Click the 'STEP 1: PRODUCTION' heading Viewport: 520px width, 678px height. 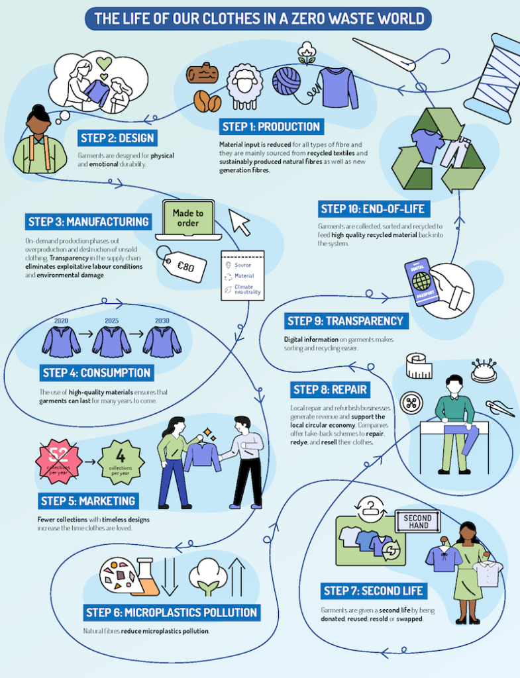pyautogui.click(x=271, y=126)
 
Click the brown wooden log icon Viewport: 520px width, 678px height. pyautogui.click(x=203, y=74)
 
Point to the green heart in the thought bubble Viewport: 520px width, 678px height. pyautogui.click(x=103, y=64)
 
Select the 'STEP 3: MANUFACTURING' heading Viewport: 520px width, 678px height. pyautogui.click(x=89, y=221)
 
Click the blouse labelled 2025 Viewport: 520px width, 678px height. pyautogui.click(x=111, y=341)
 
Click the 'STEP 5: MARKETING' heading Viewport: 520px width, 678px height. pyautogui.click(x=89, y=501)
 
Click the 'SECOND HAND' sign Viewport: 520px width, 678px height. pyautogui.click(x=417, y=521)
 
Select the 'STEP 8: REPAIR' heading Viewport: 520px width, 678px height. pyautogui.click(x=331, y=389)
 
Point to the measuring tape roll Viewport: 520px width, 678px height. pyautogui.click(x=419, y=365)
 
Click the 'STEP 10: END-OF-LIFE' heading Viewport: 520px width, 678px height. pyautogui.click(x=372, y=209)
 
